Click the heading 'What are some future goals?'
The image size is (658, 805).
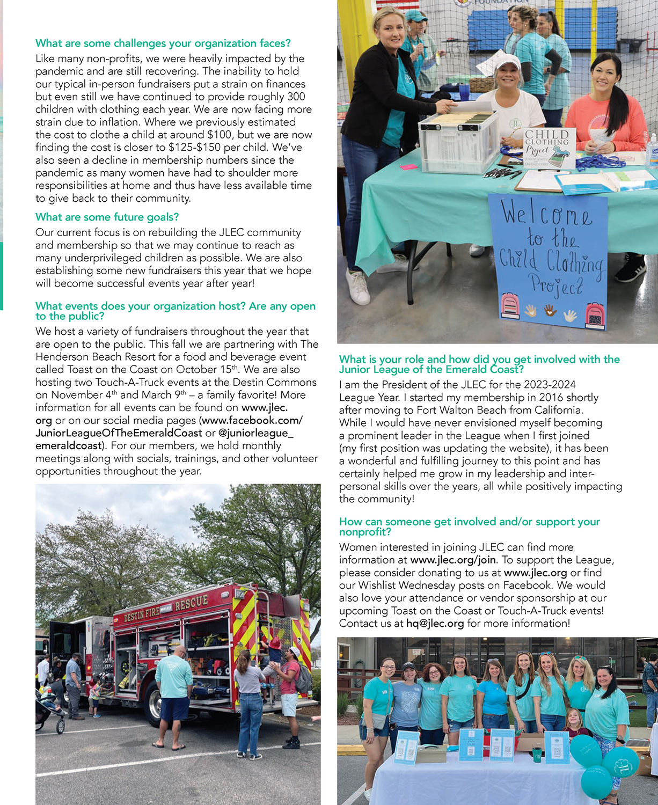[107, 217]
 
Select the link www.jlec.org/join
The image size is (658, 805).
[453, 560]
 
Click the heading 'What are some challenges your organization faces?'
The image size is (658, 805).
[163, 43]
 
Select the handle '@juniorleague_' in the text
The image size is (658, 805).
[255, 433]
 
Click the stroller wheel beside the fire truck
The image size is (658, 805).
[61, 727]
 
